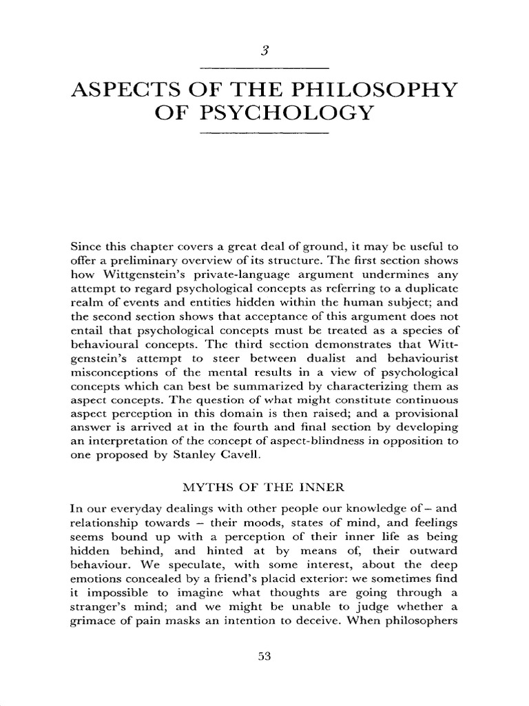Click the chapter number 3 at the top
[x=264, y=50]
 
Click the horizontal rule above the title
[x=264, y=68]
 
